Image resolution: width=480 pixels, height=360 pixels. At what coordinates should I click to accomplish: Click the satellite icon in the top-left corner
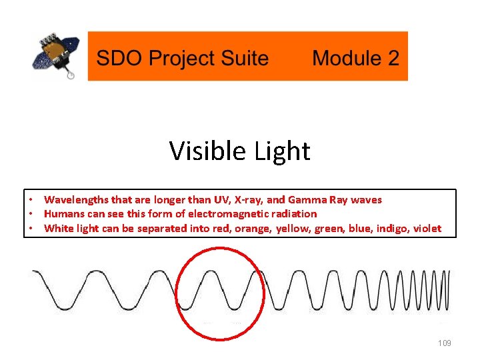click(x=56, y=56)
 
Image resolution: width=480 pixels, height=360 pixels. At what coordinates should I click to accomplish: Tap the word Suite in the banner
click(x=242, y=58)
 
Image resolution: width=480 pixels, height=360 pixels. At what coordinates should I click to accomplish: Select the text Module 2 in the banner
click(x=355, y=58)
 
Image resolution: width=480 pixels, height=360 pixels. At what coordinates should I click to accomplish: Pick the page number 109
click(x=445, y=343)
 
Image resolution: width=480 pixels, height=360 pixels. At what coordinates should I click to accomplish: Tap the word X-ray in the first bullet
click(x=249, y=200)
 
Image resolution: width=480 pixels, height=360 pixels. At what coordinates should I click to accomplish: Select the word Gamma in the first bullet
click(x=305, y=200)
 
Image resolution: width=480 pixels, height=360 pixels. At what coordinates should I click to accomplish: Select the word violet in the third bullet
click(x=427, y=229)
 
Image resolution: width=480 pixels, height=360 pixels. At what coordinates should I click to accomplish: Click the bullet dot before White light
click(x=31, y=229)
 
